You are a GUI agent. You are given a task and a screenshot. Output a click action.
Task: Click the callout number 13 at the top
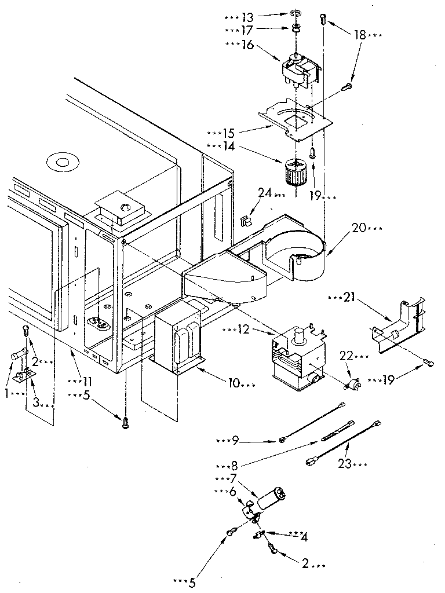point(247,17)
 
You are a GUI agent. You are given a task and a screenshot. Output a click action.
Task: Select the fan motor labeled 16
point(300,69)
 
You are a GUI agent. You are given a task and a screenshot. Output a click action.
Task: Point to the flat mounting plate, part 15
point(295,122)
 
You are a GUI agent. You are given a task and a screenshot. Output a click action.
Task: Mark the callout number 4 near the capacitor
point(303,537)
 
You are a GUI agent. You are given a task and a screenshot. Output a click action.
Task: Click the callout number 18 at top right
point(360,35)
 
